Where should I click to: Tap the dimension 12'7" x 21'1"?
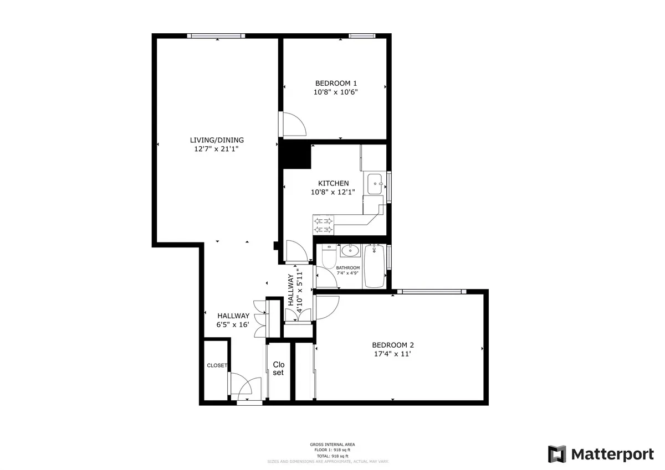(217, 149)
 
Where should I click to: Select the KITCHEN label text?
(333, 183)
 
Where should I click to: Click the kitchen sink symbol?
(375, 183)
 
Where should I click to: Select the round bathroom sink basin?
(350, 251)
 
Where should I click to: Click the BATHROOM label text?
(348, 268)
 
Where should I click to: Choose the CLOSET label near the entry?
(217, 365)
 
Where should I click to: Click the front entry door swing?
(245, 386)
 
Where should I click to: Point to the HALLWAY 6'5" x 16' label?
(233, 320)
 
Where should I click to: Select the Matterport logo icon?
(557, 454)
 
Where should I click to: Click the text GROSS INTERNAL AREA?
(332, 445)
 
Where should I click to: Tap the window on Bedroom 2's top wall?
(431, 291)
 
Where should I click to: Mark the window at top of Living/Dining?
(216, 36)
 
